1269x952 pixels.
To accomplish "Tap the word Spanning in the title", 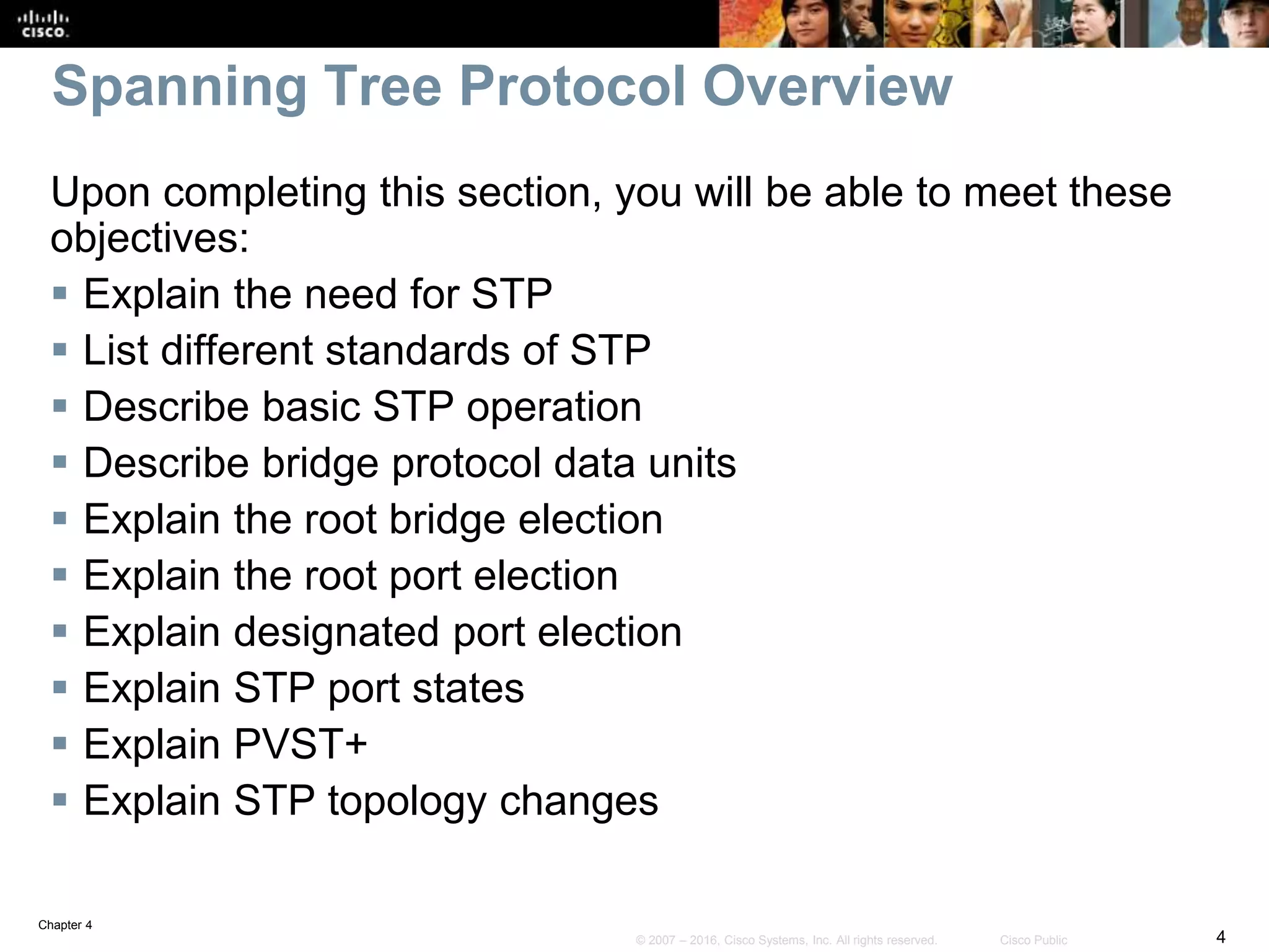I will pyautogui.click(x=180, y=88).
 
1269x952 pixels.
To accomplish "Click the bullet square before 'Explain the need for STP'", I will pyautogui.click(x=60, y=293).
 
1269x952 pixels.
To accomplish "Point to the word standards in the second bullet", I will pyautogui.click(x=416, y=350).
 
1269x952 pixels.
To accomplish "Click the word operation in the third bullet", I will pyautogui.click(x=554, y=407).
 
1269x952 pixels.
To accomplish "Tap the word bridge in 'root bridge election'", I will pyautogui.click(x=447, y=519).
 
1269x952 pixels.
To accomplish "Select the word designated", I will pyautogui.click(x=337, y=633).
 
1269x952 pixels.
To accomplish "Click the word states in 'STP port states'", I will pyautogui.click(x=468, y=688).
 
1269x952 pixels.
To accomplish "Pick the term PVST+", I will pyautogui.click(x=301, y=744).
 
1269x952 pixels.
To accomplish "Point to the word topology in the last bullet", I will pyautogui.click(x=407, y=801).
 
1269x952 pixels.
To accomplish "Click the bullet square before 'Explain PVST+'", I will pyautogui.click(x=60, y=743).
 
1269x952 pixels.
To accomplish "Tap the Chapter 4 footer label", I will pyautogui.click(x=65, y=925).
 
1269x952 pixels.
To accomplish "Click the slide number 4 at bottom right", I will pyautogui.click(x=1221, y=936).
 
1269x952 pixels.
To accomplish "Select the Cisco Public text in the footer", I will pyautogui.click(x=1034, y=940).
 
